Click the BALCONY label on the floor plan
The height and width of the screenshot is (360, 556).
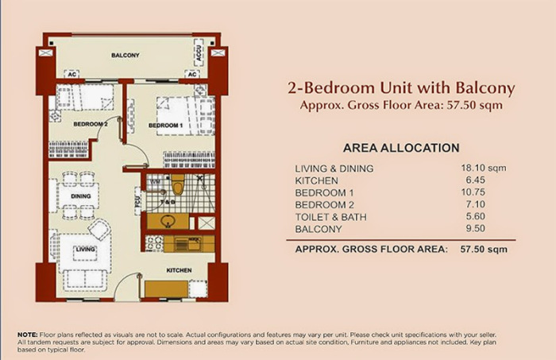125,55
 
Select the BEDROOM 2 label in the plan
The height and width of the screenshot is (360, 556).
91,125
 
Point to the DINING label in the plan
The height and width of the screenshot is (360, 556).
81,195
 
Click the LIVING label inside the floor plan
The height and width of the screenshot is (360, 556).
85,250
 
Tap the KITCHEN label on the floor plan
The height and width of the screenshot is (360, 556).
179,271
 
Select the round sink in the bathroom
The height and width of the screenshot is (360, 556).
168,220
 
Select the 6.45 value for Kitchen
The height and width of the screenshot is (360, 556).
480,180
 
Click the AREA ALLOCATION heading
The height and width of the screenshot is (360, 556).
401,148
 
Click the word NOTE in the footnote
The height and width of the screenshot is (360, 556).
25,334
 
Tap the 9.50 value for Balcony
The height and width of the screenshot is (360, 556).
480,229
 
